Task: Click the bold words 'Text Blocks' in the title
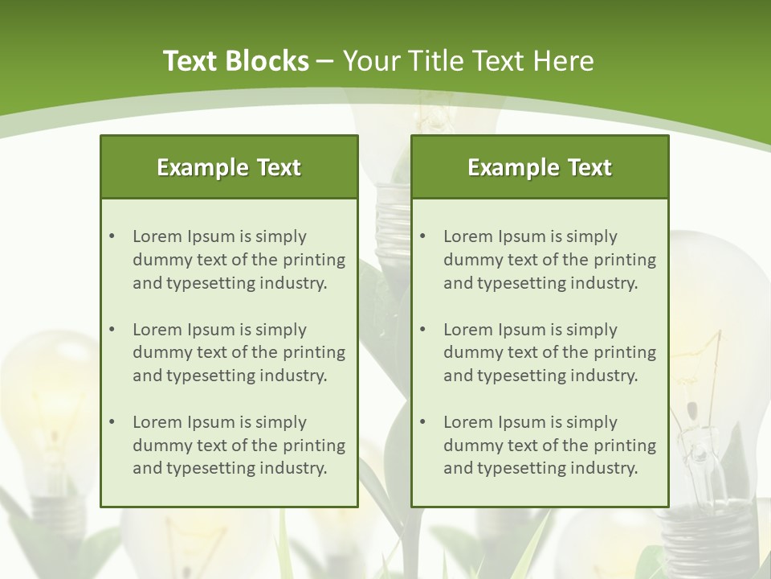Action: tap(235, 61)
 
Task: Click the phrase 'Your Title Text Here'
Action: tap(468, 61)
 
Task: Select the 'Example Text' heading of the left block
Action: tap(229, 167)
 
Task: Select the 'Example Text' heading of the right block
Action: tap(540, 167)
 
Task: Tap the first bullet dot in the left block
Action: tap(112, 236)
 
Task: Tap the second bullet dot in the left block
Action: tap(112, 330)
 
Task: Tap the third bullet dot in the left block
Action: tap(112, 422)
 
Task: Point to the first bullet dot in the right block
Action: tap(422, 236)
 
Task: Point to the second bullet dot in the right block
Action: tap(422, 330)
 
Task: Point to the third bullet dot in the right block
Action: tap(422, 422)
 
